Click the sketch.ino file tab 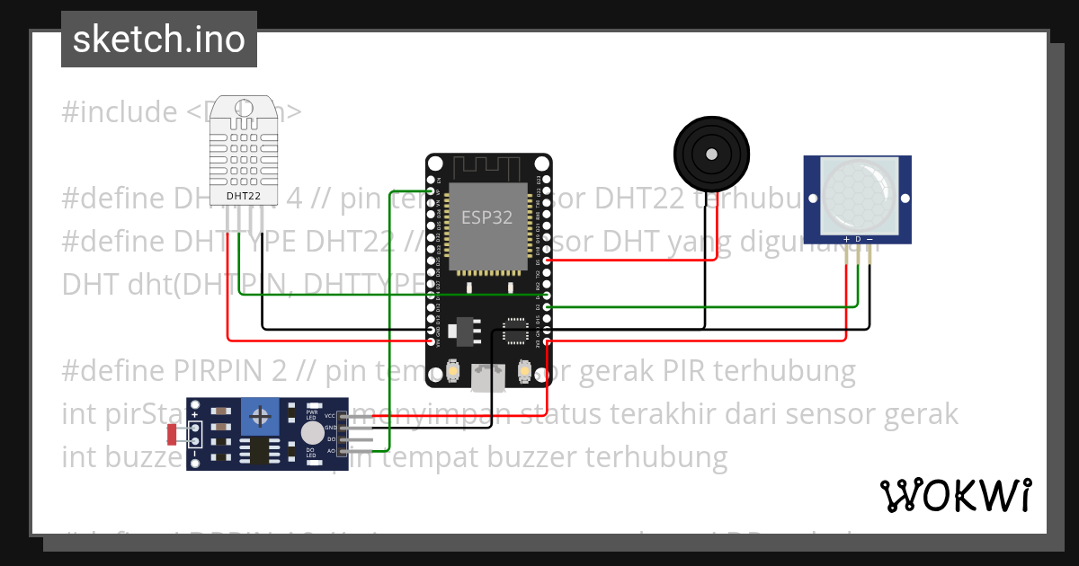coord(159,40)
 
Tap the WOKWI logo coord(955,495)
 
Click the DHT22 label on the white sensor coord(244,195)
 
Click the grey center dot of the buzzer coord(711,154)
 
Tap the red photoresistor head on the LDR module coord(172,435)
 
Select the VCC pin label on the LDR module coord(330,416)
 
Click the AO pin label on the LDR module coord(330,449)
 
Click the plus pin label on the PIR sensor coord(846,239)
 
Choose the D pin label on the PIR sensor coord(858,239)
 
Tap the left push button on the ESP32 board coord(454,370)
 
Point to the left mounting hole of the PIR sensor coord(812,199)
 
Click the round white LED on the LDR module coord(312,433)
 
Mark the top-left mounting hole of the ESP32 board coord(435,164)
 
